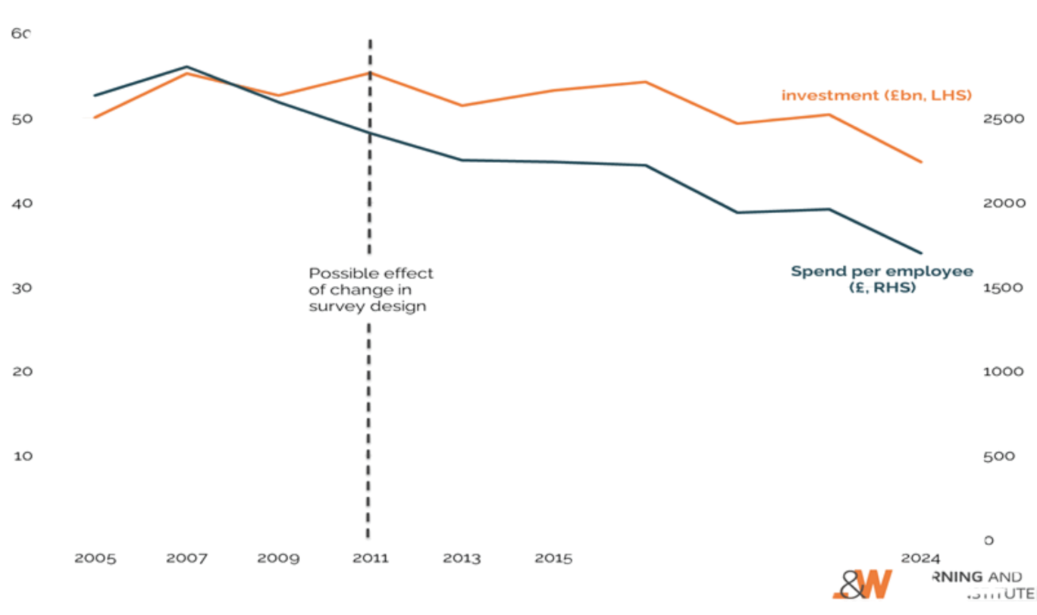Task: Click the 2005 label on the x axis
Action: pyautogui.click(x=95, y=559)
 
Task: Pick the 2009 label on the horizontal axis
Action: pyautogui.click(x=277, y=559)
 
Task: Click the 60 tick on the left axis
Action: pyautogui.click(x=20, y=34)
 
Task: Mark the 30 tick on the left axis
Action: pyautogui.click(x=20, y=287)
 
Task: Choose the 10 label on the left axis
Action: pyautogui.click(x=20, y=456)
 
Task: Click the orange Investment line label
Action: pyautogui.click(x=876, y=96)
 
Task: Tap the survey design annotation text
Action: pyautogui.click(x=371, y=290)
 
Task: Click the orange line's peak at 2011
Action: pyautogui.click(x=370, y=72)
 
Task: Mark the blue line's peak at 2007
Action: pyautogui.click(x=186, y=67)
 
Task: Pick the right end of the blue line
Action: pyautogui.click(x=922, y=253)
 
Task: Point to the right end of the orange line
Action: pyautogui.click(x=922, y=162)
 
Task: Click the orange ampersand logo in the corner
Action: pyautogui.click(x=863, y=585)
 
